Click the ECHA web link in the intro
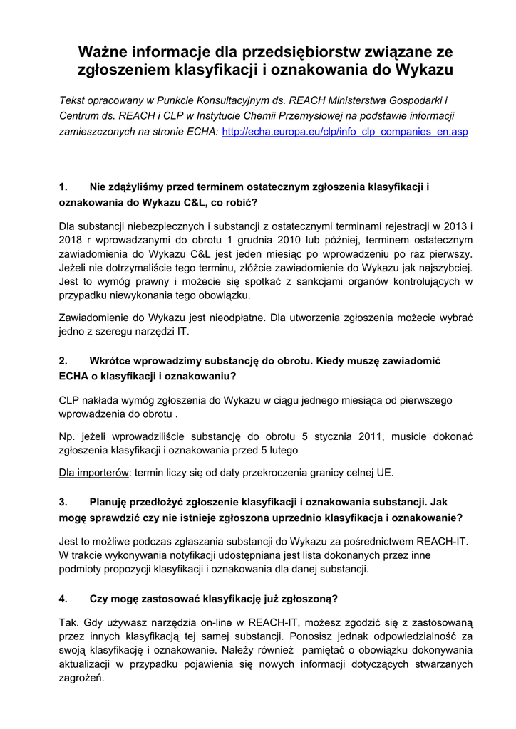pyautogui.click(x=345, y=132)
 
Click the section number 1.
pyautogui.click(x=63, y=187)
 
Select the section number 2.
pyautogui.click(x=63, y=361)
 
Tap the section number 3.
pyautogui.click(x=63, y=502)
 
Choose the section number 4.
pyautogui.click(x=63, y=598)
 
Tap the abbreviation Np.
pyautogui.click(x=66, y=436)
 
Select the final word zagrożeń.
pyautogui.click(x=81, y=678)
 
